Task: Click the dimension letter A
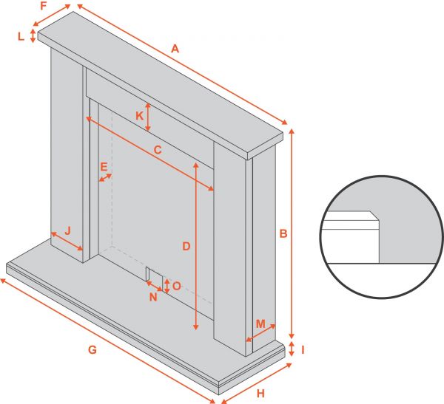tap(175, 49)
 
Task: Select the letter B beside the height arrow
tap(283, 233)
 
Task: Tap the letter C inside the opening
tap(158, 149)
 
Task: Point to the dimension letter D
tap(186, 246)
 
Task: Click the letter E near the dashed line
tap(104, 167)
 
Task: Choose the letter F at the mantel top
tap(44, 6)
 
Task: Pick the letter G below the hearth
tap(92, 350)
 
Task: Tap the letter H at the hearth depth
tap(260, 393)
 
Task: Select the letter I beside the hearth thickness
tap(303, 350)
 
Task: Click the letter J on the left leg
tap(67, 230)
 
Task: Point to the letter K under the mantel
tap(139, 116)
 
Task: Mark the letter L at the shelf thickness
tap(21, 36)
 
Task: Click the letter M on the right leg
tap(260, 323)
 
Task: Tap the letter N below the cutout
tap(153, 297)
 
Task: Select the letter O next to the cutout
tap(177, 286)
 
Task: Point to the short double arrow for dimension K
tap(148, 117)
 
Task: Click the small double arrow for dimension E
tap(105, 177)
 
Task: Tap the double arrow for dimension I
tap(292, 349)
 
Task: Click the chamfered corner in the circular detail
tap(374, 216)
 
